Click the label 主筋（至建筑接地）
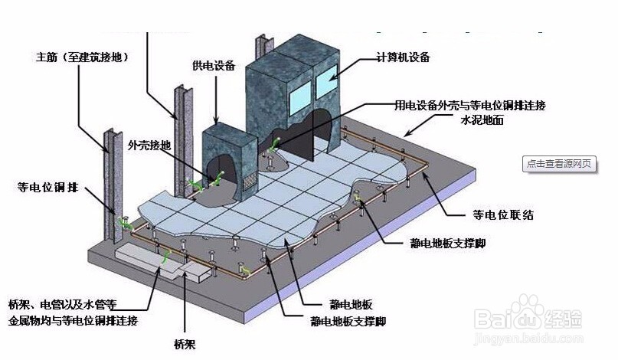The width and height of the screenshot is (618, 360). point(80,57)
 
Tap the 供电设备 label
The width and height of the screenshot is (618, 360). point(214,66)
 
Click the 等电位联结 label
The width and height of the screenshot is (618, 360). point(502,215)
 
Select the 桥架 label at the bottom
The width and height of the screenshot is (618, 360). point(185,344)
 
